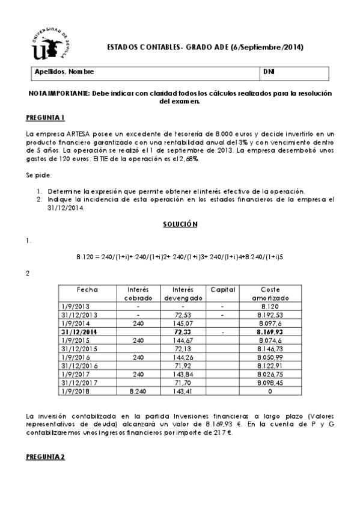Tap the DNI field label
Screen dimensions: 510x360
coord(269,73)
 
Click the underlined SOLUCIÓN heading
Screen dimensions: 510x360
coord(180,224)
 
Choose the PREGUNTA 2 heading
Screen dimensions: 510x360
coord(46,457)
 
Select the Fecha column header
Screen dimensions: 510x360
coord(88,289)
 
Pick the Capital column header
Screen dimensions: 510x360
coord(222,289)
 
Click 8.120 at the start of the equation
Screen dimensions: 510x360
coord(86,256)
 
